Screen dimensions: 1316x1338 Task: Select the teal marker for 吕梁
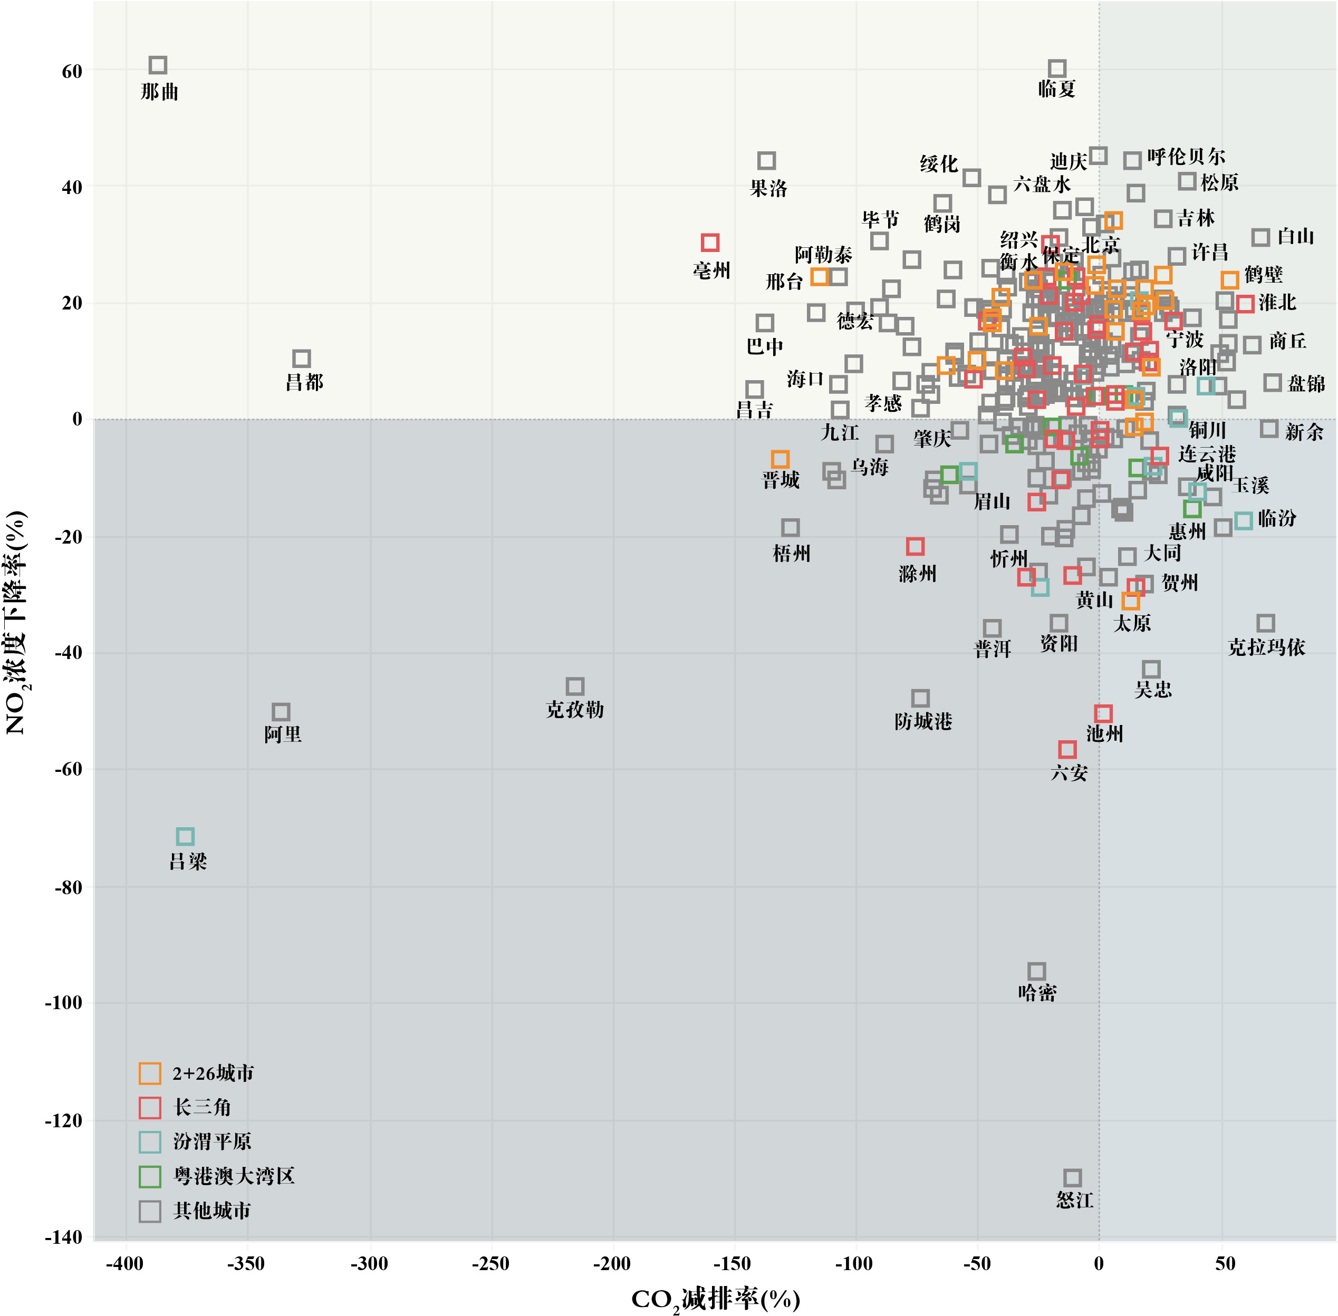tap(185, 836)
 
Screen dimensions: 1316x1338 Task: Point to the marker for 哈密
tap(1036, 971)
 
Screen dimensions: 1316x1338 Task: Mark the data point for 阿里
tap(281, 712)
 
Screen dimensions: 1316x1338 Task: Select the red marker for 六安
tap(1067, 749)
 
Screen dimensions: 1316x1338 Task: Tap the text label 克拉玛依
tap(1266, 647)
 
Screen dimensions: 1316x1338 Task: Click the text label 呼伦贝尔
tap(1186, 157)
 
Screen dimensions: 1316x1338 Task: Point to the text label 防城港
tap(923, 722)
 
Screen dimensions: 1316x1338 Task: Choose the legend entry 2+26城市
tap(213, 1073)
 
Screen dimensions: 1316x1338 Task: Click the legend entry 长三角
tap(202, 1107)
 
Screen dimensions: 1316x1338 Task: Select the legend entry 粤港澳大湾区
tap(234, 1176)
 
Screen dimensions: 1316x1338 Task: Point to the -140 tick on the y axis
tap(64, 1236)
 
